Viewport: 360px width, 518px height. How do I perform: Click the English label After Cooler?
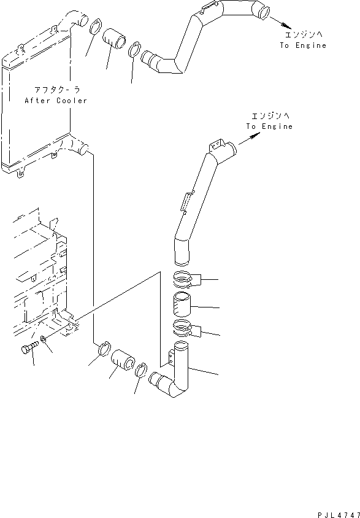[56, 101]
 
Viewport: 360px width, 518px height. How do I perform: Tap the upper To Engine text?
[303, 45]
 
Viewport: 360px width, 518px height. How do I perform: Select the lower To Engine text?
[269, 126]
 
